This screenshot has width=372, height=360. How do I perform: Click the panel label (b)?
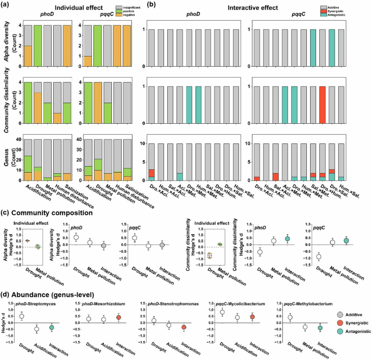pos(140,5)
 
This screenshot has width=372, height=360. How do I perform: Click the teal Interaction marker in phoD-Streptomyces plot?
pos(52,327)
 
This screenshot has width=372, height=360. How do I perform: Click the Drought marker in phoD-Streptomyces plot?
pos(22,316)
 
